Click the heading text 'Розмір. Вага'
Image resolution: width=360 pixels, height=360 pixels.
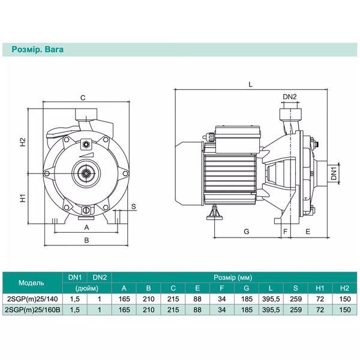click(x=37, y=50)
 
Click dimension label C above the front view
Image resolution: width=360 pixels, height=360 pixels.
click(x=83, y=98)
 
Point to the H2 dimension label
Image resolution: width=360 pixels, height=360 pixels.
click(x=23, y=142)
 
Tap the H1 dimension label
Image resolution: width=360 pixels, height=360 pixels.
click(x=23, y=198)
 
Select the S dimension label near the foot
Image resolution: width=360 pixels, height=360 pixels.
click(x=134, y=206)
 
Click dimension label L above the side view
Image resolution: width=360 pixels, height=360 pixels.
click(x=250, y=85)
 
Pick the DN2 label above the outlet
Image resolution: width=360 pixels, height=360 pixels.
click(x=290, y=97)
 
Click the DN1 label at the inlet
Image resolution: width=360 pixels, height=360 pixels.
click(x=334, y=173)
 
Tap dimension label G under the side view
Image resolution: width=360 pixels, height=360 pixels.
click(x=247, y=231)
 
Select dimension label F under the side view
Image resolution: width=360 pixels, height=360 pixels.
click(x=286, y=231)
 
